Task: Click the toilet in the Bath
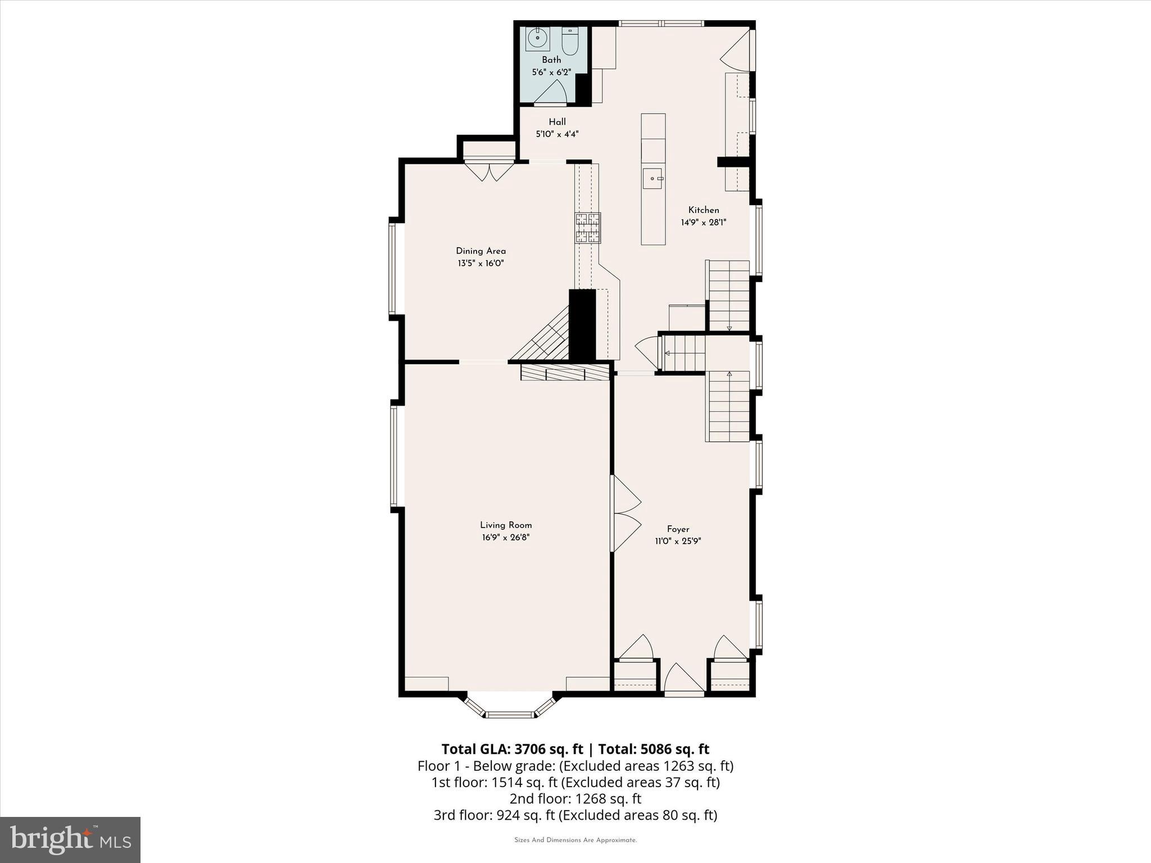[570, 43]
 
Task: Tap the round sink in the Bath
[537, 39]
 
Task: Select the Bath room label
[551, 60]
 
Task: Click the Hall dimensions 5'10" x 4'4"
[556, 134]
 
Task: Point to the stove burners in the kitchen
[587, 228]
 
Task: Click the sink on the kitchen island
[652, 179]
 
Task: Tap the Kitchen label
[703, 210]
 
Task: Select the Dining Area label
[481, 251]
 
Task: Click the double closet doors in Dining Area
[489, 171]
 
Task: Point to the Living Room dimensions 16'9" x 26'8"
[505, 538]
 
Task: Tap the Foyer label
[678, 529]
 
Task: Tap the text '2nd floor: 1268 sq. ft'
[575, 798]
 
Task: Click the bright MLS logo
[70, 840]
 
